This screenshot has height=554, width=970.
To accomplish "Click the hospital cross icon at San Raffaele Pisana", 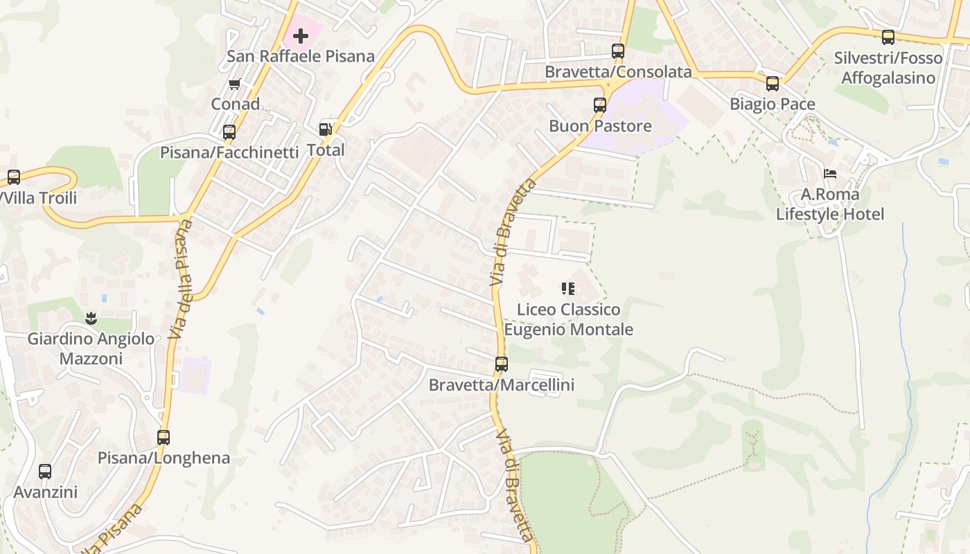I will [301, 35].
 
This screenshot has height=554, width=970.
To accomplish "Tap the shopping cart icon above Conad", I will [234, 84].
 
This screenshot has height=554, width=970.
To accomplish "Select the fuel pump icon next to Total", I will [325, 129].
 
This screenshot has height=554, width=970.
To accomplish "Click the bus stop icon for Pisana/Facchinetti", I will [229, 132].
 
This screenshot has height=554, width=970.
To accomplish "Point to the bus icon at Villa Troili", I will [13, 177].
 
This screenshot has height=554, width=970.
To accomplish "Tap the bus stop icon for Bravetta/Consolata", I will [618, 51].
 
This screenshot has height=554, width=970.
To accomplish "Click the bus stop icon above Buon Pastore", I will [600, 105].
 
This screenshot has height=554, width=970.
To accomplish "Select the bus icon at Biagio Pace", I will [772, 84].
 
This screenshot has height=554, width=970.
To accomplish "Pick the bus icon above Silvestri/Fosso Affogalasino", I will [888, 37].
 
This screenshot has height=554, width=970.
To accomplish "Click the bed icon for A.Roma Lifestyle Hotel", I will [830, 174].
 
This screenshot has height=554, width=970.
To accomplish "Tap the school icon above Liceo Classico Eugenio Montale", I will [568, 289].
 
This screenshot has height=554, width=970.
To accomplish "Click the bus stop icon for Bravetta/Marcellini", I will [502, 364].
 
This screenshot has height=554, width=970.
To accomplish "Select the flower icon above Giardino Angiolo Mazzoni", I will [91, 319].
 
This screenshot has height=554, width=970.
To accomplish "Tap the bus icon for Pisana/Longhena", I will [164, 438].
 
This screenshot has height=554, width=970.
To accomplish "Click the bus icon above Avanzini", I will [45, 472].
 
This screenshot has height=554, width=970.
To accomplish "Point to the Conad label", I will [236, 105].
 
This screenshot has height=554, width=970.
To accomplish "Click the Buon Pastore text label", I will [600, 126].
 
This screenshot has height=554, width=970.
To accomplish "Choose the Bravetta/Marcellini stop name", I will [502, 385].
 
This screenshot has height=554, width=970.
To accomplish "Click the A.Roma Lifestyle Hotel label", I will [830, 204].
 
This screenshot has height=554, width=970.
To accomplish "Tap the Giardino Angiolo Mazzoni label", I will [91, 349].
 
